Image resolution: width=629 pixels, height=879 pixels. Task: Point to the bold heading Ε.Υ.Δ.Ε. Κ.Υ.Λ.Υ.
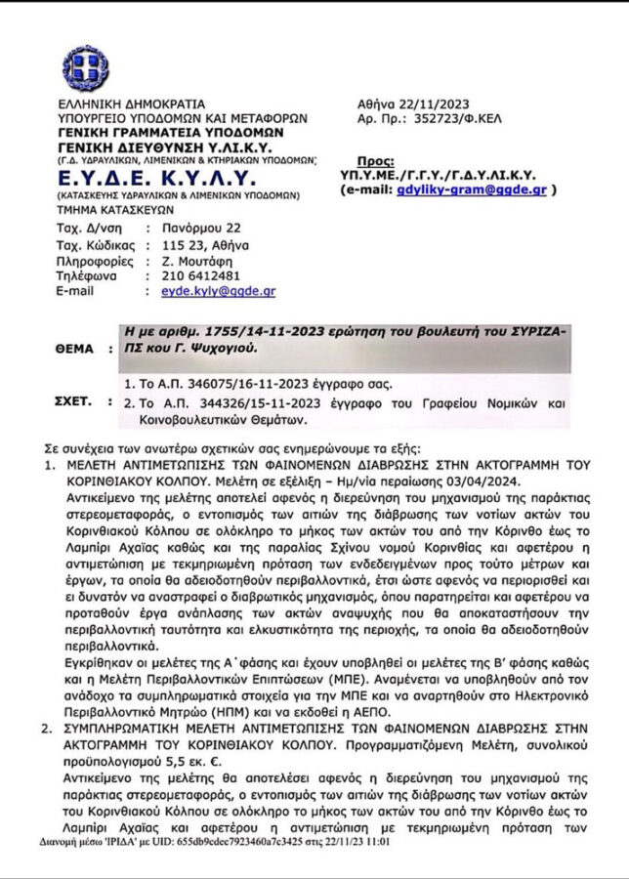[155, 177]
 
